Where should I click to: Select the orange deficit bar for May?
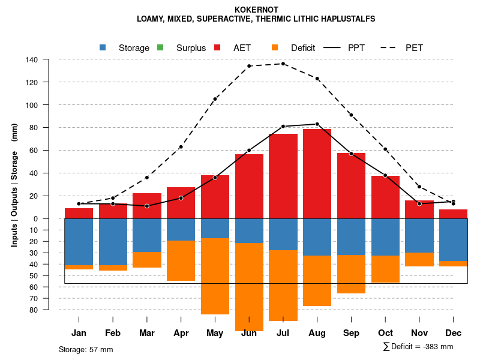(215, 276)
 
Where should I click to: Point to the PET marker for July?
(283, 64)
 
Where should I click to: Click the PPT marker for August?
(317, 124)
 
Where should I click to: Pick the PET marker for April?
(181, 147)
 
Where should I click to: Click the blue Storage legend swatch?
(103, 48)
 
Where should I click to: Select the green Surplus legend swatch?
(160, 48)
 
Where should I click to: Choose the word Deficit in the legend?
(303, 48)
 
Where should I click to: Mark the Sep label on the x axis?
(352, 333)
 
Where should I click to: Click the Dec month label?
(454, 333)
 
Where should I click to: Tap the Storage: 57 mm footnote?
(86, 349)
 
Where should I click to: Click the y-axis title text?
(14, 185)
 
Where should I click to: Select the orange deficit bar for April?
(181, 260)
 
